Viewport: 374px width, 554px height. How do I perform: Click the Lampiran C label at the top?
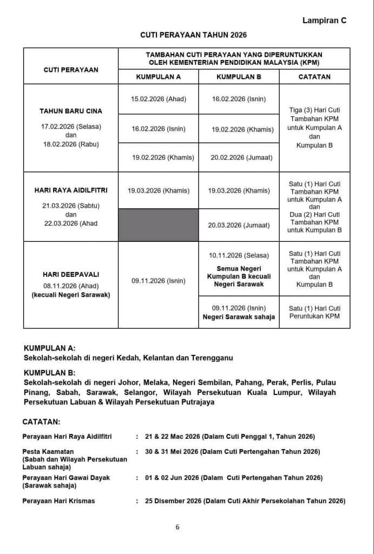click(324, 21)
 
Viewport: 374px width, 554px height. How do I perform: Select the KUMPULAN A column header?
click(158, 77)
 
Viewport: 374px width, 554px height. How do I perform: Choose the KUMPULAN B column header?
click(239, 77)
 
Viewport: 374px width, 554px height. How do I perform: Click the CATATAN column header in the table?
click(314, 77)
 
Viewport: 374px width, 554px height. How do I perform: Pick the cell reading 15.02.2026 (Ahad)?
click(158, 100)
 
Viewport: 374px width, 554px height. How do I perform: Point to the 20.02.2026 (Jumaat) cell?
click(239, 157)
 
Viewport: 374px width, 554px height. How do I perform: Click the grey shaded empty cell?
click(158, 225)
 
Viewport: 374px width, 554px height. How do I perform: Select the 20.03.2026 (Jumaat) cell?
click(239, 225)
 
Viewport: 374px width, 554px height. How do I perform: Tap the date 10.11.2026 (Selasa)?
click(239, 255)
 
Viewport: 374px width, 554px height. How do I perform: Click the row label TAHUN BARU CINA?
click(71, 111)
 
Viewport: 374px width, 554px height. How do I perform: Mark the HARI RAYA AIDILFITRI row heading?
click(71, 190)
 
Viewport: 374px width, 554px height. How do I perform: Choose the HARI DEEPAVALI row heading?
click(71, 274)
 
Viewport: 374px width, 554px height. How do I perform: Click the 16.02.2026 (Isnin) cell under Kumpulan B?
click(239, 100)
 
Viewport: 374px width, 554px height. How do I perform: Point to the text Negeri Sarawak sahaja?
click(239, 317)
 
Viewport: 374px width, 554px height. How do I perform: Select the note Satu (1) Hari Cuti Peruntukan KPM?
click(314, 312)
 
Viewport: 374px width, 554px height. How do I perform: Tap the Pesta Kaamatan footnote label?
click(48, 451)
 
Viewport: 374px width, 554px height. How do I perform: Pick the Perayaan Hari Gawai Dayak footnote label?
click(66, 478)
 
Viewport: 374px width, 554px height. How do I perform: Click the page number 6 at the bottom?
click(178, 528)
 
